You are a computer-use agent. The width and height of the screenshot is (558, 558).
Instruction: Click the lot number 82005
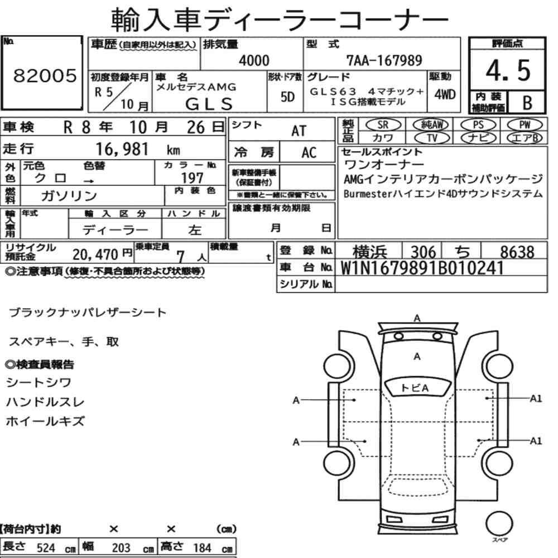point(45,75)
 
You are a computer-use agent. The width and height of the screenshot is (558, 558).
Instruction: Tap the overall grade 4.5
point(508,70)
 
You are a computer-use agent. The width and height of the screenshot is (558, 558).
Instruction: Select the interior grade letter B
point(527,103)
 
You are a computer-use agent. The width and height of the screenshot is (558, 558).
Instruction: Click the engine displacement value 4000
point(254,60)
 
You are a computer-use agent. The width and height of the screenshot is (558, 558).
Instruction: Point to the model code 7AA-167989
point(384,60)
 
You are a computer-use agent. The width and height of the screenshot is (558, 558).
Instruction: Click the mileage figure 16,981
point(122,149)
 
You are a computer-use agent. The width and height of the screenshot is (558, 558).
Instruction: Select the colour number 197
point(192,178)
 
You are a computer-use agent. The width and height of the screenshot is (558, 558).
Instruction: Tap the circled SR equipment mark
point(383,125)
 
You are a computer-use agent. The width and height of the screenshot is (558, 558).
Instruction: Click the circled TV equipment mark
point(432,138)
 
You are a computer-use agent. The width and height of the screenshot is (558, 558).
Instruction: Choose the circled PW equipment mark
point(525,125)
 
